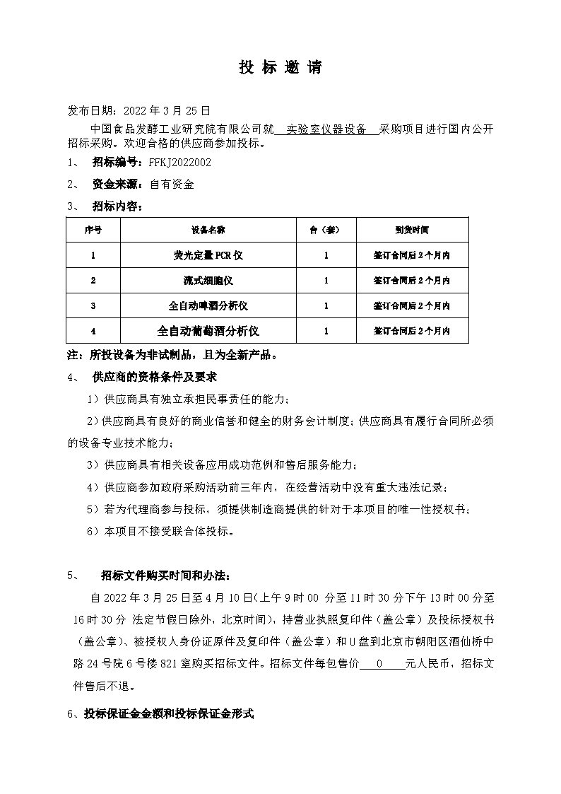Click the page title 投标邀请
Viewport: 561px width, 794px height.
(280, 68)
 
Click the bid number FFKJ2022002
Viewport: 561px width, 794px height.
(180, 163)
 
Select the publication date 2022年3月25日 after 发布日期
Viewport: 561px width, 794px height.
(167, 111)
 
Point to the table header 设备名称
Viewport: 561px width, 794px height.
(208, 230)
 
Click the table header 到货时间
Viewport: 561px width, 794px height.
(412, 230)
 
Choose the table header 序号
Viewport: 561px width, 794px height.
(93, 230)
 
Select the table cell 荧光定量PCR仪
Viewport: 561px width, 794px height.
(208, 255)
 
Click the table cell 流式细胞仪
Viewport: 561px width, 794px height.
(208, 281)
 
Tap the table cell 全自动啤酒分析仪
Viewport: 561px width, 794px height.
(208, 306)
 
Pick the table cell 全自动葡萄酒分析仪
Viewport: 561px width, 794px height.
(208, 331)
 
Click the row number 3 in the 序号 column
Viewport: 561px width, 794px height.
(93, 306)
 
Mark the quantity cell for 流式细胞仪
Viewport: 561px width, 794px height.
(326, 281)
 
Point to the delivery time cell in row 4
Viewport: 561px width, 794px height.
(412, 331)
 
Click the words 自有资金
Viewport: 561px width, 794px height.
(172, 185)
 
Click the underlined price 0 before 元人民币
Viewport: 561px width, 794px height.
(380, 665)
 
